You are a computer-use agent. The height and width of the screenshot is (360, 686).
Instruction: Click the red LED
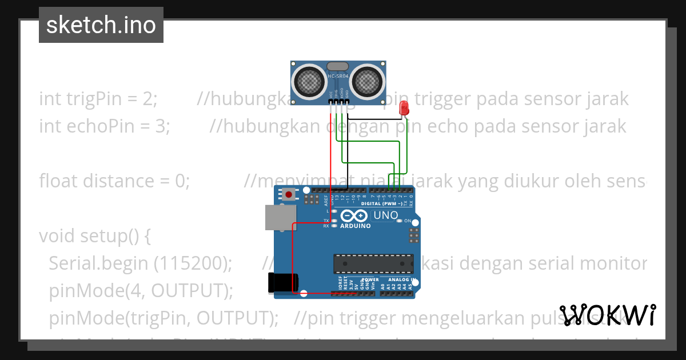pos(404,106)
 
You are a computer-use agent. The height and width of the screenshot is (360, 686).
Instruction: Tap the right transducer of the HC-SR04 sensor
pos(366,81)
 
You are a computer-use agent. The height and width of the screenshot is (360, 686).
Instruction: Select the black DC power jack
pos(284,283)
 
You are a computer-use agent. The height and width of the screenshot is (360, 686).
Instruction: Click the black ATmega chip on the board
pos(373,262)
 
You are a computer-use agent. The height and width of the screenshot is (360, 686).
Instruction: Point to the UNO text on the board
pos(385,215)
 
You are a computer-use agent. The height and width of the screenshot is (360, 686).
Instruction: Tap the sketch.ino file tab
pos(101,25)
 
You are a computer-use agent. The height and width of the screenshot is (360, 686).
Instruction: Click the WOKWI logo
pos(608,315)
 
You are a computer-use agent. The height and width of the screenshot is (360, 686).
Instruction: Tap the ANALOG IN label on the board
pos(401,280)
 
